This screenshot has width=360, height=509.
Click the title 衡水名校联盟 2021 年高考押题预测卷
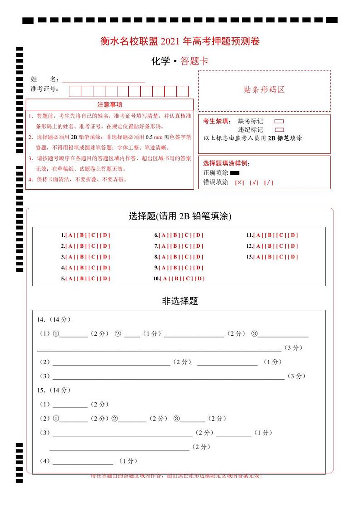[180, 41]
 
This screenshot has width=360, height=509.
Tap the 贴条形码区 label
[264, 90]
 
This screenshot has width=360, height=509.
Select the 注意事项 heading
[109, 105]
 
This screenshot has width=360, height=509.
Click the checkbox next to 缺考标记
[279, 122]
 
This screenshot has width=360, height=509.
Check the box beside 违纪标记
[279, 130]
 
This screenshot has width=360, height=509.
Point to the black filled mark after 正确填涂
[234, 173]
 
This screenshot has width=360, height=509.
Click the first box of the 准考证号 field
[75, 91]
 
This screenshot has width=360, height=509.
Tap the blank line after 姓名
[103, 80]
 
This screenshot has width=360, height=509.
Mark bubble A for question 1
[70, 235]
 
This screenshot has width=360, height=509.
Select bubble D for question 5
[106, 279]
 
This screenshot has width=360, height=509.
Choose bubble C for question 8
[187, 257]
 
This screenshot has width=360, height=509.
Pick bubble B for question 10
[177, 279]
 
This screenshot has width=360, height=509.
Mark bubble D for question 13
[293, 257]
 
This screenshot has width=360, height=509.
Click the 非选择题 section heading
[180, 301]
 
